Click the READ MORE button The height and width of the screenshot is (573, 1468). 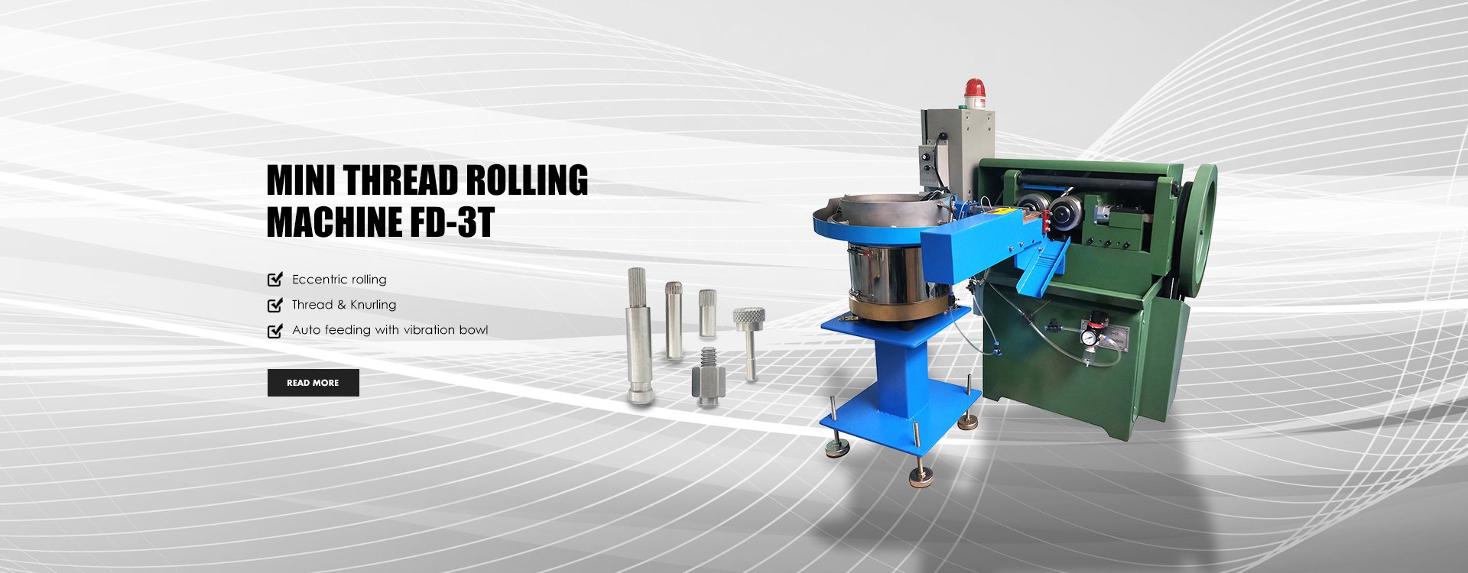pos(313,383)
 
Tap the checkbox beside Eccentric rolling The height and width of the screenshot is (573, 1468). pos(275,280)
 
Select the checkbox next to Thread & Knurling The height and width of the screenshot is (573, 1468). pos(275,305)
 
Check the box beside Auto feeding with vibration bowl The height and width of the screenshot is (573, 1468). pos(275,330)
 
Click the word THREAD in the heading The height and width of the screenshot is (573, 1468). pos(401,181)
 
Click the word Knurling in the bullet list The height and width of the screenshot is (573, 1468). pos(373,305)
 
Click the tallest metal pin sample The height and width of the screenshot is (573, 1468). pos(638,336)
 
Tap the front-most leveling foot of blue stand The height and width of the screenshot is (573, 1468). pos(921,477)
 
